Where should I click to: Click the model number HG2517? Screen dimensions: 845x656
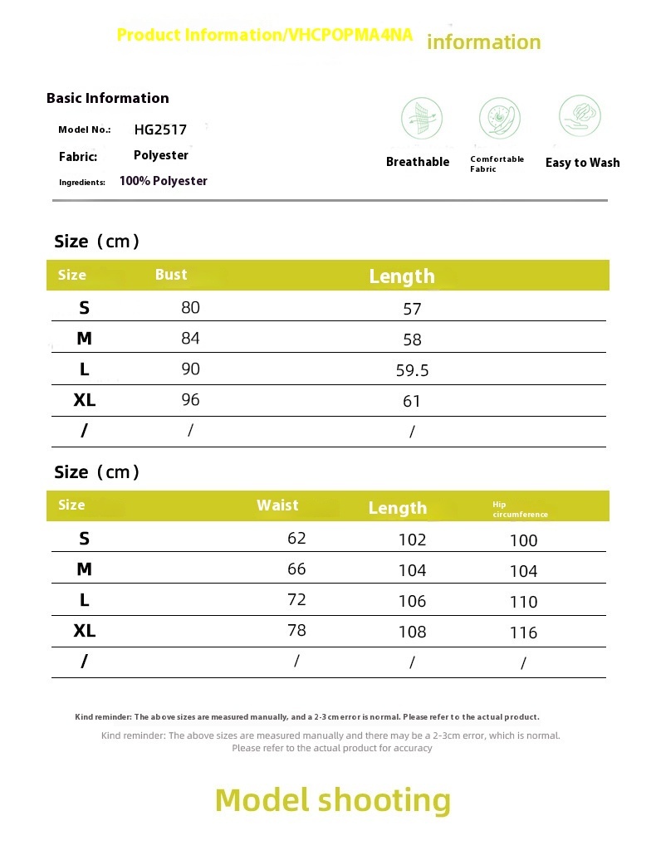click(160, 129)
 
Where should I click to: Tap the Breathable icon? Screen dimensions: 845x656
click(422, 118)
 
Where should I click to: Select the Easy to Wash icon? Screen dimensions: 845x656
click(580, 116)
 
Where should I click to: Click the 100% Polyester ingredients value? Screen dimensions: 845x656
click(163, 181)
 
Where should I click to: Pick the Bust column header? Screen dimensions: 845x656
click(171, 275)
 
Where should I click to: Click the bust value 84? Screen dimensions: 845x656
click(190, 339)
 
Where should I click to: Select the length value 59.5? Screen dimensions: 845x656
click(412, 370)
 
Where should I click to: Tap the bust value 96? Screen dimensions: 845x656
click(190, 400)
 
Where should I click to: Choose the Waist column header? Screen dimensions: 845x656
click(277, 506)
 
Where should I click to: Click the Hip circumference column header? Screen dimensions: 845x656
click(520, 510)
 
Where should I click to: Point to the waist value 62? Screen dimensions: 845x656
click(296, 539)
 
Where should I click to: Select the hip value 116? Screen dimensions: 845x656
click(523, 633)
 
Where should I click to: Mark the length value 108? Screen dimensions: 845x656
click(412, 632)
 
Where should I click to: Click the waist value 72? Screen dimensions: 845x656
click(296, 600)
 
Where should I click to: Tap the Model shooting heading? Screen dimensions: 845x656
click(333, 800)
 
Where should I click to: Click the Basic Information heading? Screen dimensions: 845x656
click(108, 98)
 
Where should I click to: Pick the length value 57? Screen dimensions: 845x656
click(412, 310)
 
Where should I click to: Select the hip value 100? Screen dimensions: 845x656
click(523, 540)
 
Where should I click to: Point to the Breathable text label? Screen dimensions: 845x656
click(418, 162)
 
